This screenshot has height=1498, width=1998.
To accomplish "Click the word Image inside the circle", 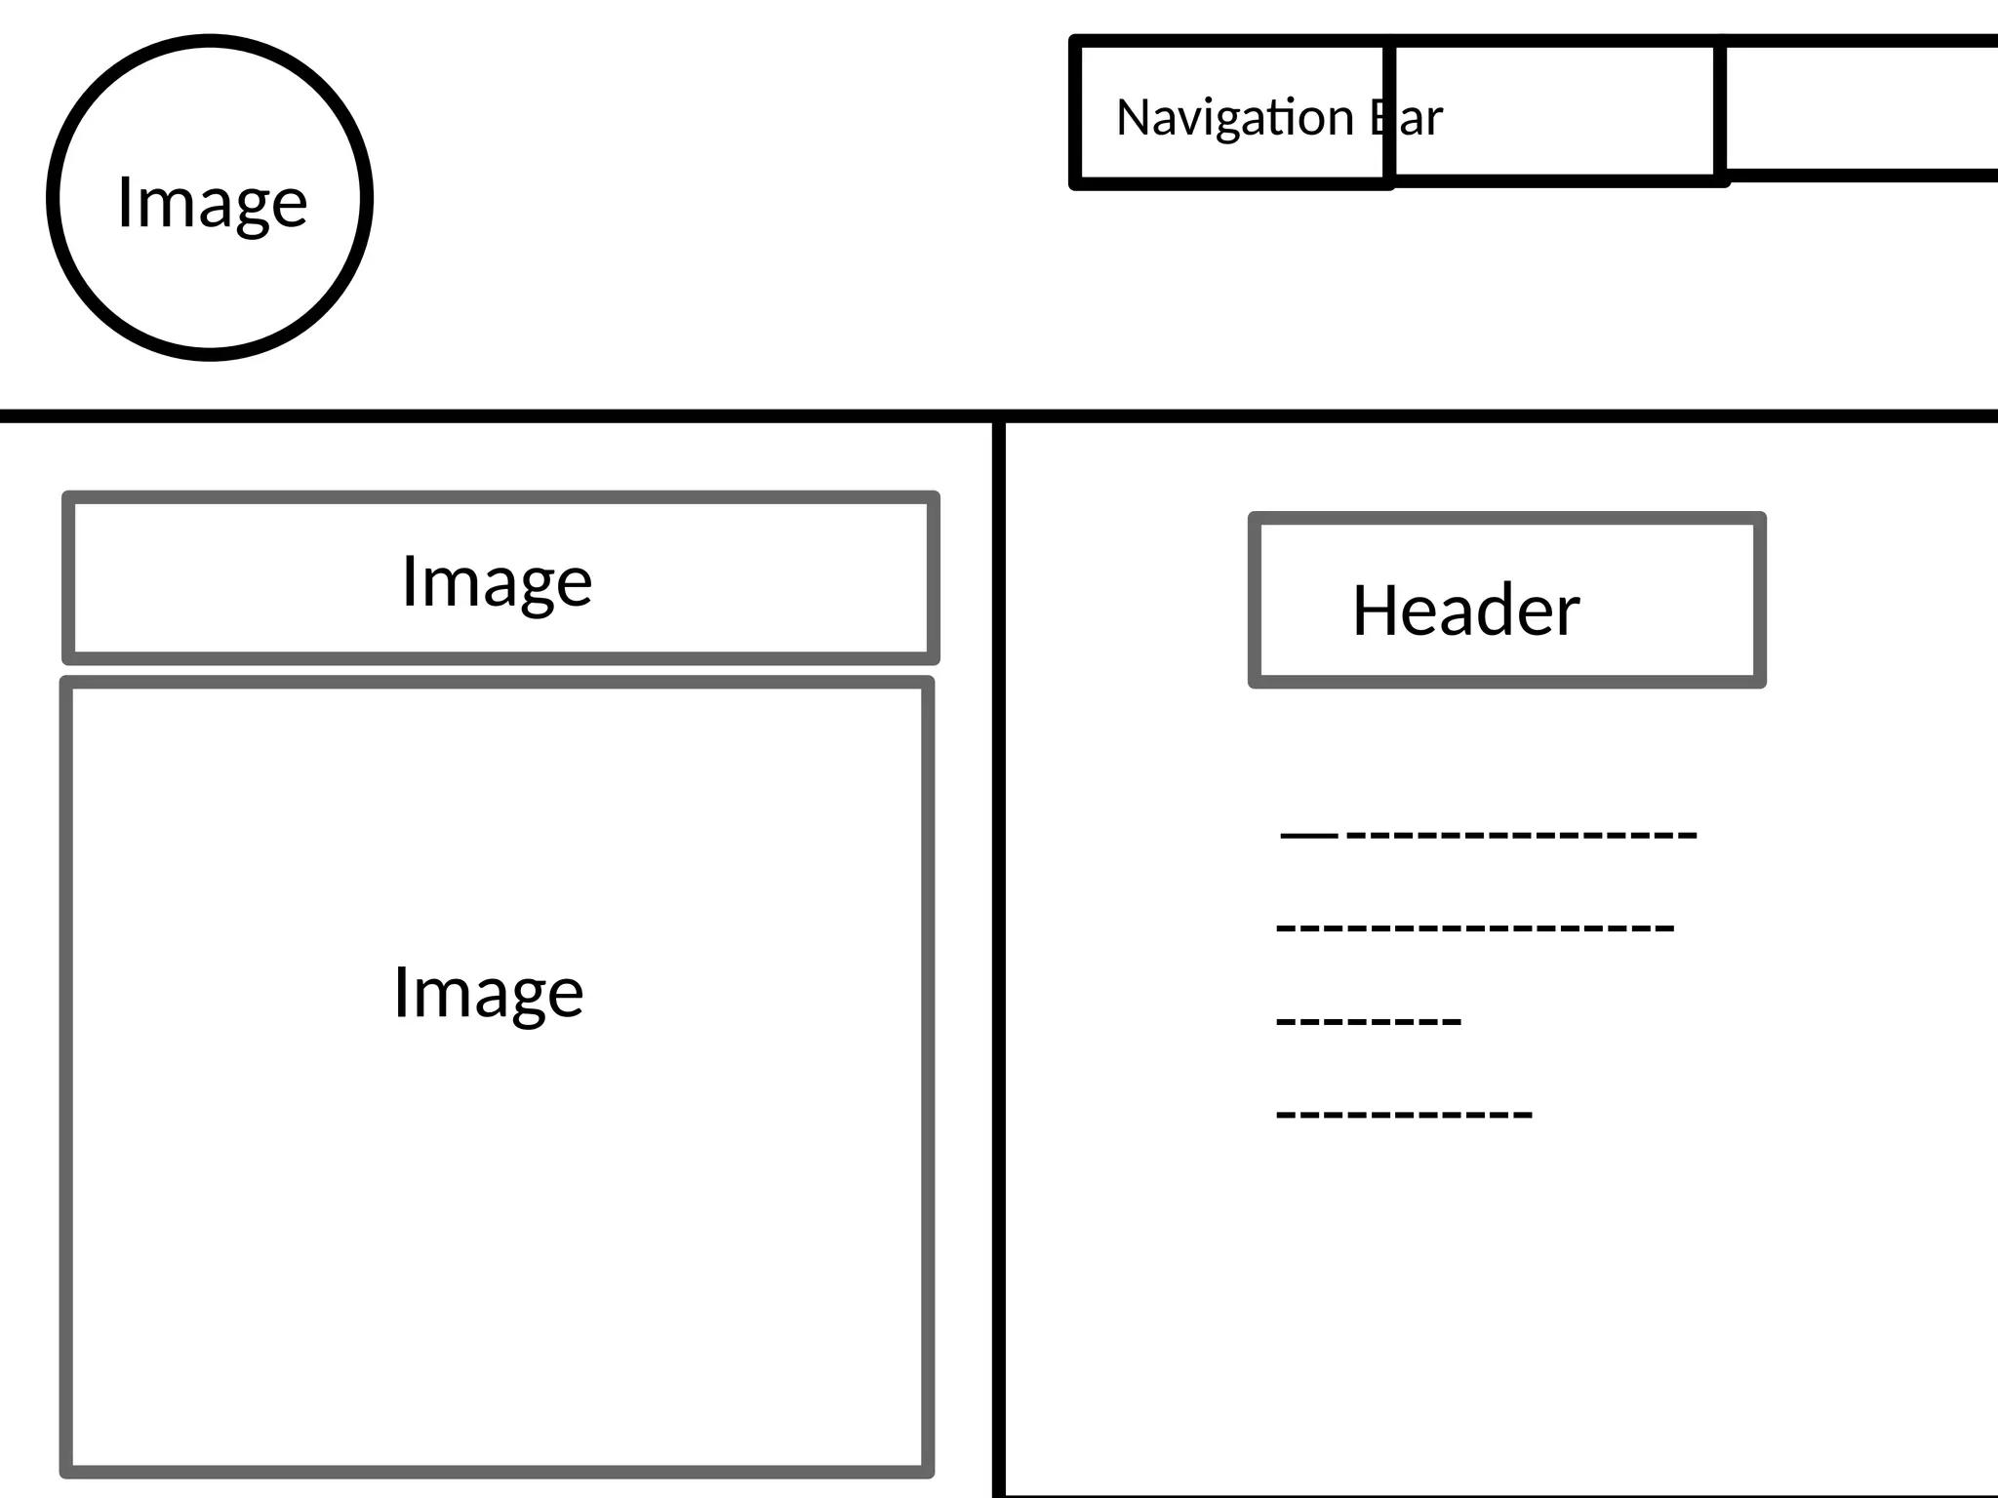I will tap(212, 202).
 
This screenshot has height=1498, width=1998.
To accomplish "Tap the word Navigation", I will tap(1234, 118).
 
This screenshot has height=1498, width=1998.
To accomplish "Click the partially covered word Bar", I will tap(1411, 118).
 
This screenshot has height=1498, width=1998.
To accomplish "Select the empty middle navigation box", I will tap(1555, 110).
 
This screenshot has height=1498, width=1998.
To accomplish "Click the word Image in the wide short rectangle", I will tap(497, 581).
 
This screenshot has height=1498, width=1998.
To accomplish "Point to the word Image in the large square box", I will tap(488, 993).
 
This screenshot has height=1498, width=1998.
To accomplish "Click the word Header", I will tap(1465, 611).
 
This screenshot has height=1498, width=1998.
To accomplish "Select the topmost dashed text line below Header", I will tap(1490, 835).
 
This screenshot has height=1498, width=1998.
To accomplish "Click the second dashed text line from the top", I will tap(1475, 927).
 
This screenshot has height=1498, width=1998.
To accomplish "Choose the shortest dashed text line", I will tap(1369, 1021).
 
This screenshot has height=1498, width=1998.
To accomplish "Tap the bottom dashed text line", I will tap(1404, 1113).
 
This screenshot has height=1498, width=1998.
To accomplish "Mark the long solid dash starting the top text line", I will tap(1308, 836).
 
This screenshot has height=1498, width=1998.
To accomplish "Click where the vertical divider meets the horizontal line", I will tap(999, 417).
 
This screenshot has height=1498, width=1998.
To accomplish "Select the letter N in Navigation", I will tap(1132, 117).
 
